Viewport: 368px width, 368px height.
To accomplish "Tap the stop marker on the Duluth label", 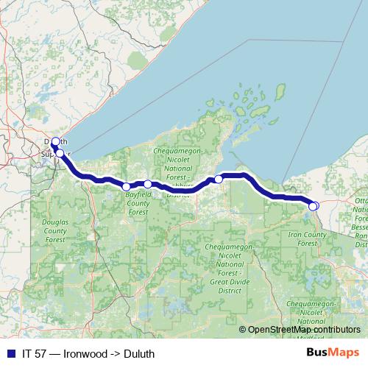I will click(56, 141).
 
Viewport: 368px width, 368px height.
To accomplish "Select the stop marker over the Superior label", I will click(60, 153).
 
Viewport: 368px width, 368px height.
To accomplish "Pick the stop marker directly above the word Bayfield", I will click(127, 187).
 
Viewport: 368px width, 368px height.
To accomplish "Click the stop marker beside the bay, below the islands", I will click(219, 179).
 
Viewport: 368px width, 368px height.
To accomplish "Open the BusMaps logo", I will click(336, 353).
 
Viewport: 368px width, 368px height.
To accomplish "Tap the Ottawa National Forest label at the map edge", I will click(361, 213).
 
